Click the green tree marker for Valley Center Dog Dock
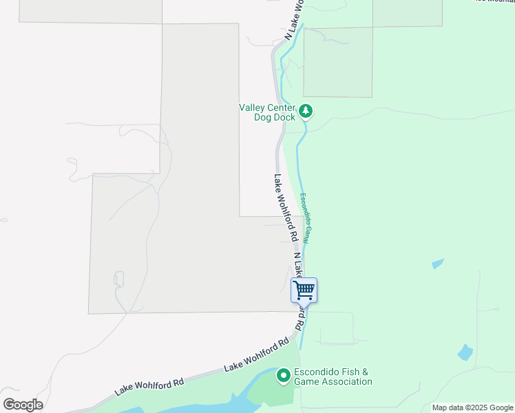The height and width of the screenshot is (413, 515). coord(306,111)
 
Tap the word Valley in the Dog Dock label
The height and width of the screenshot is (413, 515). coord(251,107)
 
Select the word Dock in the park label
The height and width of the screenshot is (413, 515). coord(284,118)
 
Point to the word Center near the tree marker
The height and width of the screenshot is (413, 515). coord(280,107)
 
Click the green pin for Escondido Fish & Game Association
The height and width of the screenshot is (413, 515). coord(283,376)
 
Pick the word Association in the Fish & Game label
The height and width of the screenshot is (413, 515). coord(344,381)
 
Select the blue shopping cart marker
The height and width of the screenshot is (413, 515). coord(304,290)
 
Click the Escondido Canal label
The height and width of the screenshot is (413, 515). coord(308,218)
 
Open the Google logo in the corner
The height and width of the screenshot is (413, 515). coord(23,405)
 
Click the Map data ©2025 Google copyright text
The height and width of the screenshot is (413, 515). coord(472,407)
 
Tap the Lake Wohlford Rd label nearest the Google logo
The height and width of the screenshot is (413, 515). coord(149,387)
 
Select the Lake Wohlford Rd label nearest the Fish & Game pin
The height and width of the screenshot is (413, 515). coord(256,356)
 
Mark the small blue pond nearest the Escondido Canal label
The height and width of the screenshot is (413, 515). coord(437,263)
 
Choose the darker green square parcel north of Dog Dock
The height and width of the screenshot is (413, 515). coord(337,62)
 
